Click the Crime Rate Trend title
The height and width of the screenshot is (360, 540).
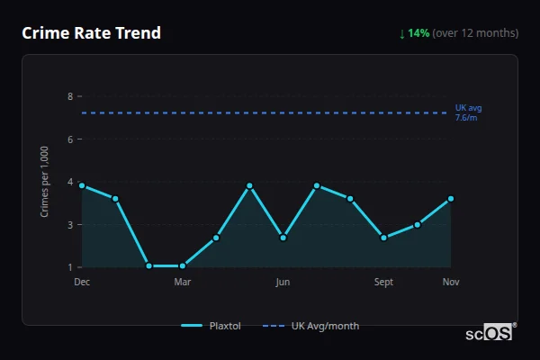(x=91, y=33)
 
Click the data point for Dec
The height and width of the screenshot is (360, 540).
(x=82, y=185)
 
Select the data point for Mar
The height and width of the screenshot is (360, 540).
(x=183, y=266)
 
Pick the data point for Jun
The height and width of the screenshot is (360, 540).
(x=283, y=238)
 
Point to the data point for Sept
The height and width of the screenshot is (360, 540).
(x=384, y=238)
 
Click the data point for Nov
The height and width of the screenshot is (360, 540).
(x=451, y=199)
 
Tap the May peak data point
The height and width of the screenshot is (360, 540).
(x=249, y=185)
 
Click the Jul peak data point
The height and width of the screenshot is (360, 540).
(x=317, y=185)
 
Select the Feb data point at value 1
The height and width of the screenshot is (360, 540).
(x=148, y=266)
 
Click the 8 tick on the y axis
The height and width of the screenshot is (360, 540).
(x=69, y=96)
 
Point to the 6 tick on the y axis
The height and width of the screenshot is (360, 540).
(x=69, y=139)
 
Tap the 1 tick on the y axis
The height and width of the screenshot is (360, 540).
(x=69, y=267)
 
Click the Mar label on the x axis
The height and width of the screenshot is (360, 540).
(x=183, y=282)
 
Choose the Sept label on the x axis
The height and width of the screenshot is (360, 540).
(x=384, y=282)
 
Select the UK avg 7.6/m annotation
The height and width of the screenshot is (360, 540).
(x=468, y=112)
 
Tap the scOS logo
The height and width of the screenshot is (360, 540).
(x=490, y=332)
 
